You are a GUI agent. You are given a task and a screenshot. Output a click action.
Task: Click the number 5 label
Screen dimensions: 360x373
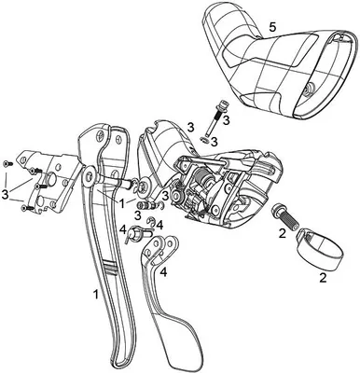(x=272, y=27)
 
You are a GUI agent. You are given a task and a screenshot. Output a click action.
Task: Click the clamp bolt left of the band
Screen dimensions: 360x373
(x=284, y=217)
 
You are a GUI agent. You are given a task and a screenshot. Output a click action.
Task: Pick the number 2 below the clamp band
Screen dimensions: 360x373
(x=323, y=277)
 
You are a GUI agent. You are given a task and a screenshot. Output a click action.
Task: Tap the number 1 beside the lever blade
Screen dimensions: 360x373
(x=96, y=294)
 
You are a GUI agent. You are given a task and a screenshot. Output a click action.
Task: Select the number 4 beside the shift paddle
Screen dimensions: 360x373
(x=163, y=272)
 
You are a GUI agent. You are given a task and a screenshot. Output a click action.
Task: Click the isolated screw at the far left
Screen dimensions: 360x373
(x=7, y=163)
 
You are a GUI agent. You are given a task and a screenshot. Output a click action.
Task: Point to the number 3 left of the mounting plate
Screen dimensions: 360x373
(x=6, y=194)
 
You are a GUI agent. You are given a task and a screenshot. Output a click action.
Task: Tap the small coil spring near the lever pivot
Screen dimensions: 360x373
(x=144, y=205)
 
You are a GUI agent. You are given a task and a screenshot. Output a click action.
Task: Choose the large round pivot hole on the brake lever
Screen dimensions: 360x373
(x=89, y=177)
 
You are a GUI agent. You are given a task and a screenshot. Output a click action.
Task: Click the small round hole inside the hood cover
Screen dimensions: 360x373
(x=311, y=89)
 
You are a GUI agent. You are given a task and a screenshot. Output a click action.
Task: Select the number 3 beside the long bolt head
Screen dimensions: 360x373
(x=227, y=120)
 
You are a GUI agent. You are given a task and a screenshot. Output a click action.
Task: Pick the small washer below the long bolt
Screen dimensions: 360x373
(x=203, y=139)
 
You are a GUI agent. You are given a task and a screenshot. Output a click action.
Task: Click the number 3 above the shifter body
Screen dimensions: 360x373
(x=191, y=127)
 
